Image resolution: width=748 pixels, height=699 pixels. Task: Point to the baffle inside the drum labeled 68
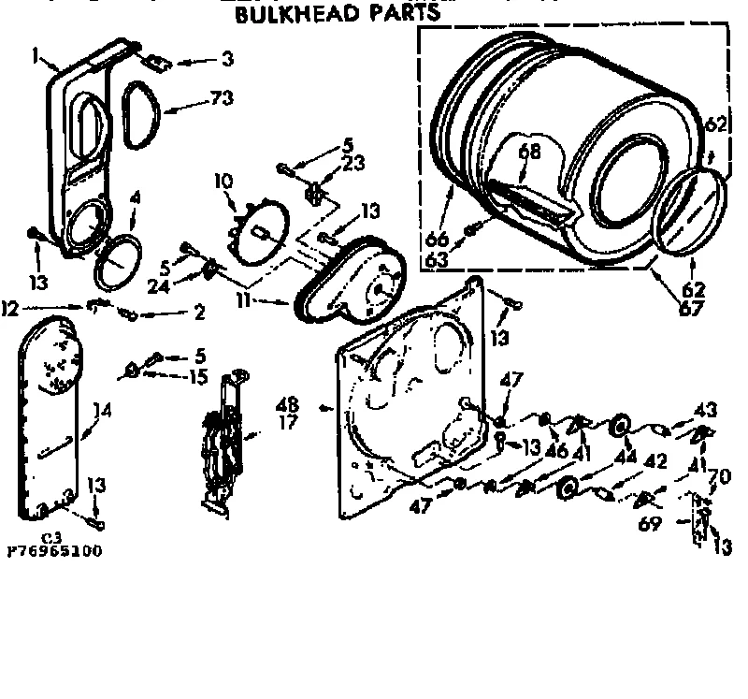(533, 201)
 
